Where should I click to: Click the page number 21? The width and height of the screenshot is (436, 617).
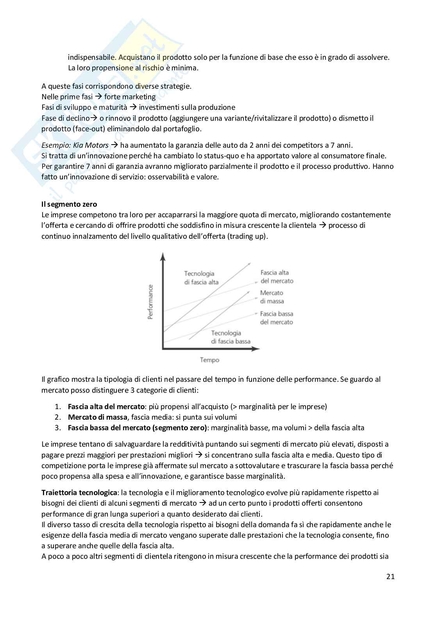[x=390, y=576]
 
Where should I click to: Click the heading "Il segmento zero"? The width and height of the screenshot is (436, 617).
[x=69, y=204]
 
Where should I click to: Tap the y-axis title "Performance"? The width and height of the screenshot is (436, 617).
[x=150, y=302]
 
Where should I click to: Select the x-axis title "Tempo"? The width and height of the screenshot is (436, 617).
[x=209, y=360]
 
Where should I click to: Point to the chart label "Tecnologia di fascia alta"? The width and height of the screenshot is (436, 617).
[x=201, y=278]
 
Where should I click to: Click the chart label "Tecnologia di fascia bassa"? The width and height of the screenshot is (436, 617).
[x=231, y=337]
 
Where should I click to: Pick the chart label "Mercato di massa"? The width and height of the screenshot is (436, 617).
[x=272, y=297]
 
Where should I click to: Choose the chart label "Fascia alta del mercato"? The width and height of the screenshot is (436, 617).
[x=276, y=277]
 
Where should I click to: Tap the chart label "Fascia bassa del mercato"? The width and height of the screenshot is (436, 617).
[x=276, y=318]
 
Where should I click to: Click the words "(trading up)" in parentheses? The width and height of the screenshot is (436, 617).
[x=247, y=236]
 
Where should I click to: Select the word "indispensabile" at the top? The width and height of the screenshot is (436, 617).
[x=91, y=57]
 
